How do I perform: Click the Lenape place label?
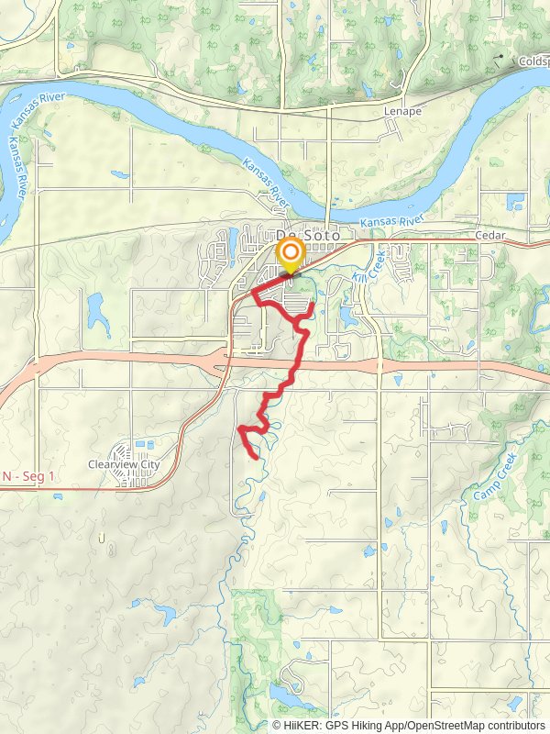(x=403, y=112)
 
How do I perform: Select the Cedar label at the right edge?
(x=491, y=234)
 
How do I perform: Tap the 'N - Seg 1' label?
(x=28, y=477)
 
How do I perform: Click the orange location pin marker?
(x=291, y=254)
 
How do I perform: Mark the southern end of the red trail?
(x=254, y=454)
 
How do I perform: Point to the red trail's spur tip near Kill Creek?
(x=313, y=304)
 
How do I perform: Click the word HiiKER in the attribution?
(x=302, y=725)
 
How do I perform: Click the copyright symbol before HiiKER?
(x=277, y=725)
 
